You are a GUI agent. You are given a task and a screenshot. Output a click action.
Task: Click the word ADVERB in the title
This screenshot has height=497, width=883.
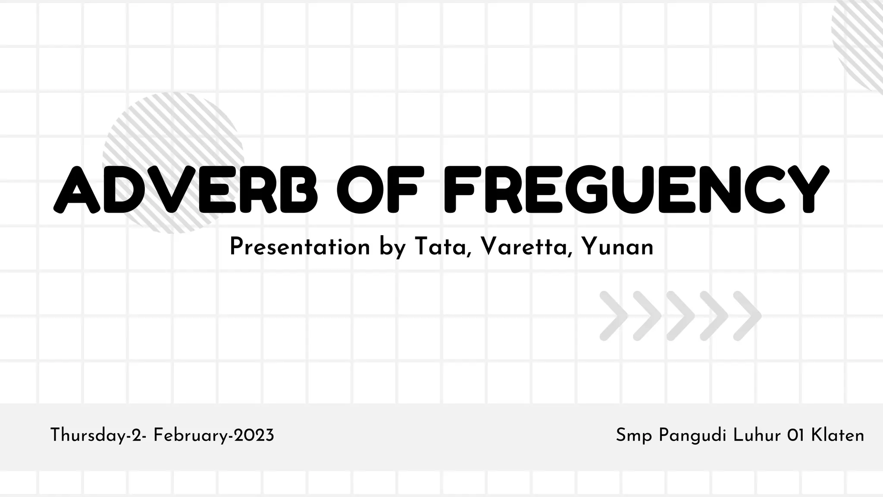185,190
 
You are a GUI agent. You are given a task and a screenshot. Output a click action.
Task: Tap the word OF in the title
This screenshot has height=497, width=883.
378,190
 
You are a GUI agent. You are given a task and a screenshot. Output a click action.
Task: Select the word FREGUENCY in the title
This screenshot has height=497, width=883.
636,190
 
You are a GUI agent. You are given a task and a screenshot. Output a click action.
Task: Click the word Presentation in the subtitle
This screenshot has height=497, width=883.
300,247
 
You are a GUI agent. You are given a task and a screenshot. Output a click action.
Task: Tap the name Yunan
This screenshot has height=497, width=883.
617,247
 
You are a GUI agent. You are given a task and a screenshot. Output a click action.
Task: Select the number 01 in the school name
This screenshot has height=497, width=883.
796,435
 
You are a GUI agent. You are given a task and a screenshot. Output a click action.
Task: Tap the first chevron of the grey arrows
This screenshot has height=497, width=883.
614,316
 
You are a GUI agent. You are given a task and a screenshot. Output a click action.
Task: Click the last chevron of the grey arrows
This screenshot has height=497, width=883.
748,316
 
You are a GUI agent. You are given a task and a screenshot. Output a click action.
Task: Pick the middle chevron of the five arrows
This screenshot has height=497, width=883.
681,316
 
